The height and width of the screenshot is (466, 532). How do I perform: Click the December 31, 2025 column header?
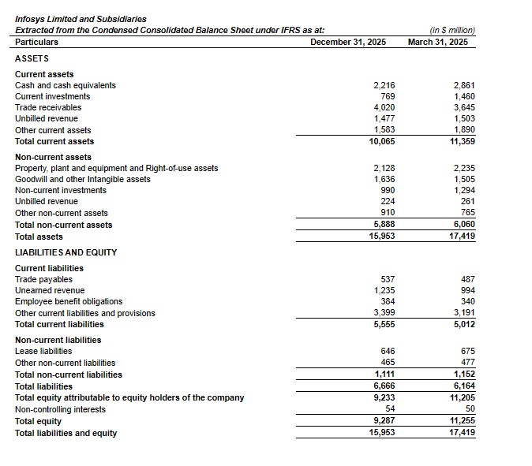click(348, 42)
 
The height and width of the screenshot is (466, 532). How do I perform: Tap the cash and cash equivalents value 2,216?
click(384, 85)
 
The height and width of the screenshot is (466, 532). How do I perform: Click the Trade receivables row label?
click(48, 107)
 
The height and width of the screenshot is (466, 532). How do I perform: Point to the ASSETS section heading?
click(32, 58)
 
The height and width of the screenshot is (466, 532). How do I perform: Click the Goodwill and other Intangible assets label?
click(83, 179)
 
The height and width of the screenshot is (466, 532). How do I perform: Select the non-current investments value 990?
click(387, 190)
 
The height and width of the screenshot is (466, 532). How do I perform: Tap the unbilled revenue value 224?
click(387, 201)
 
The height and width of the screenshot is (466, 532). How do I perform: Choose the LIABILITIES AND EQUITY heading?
click(66, 252)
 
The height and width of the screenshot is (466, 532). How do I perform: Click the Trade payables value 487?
click(466, 279)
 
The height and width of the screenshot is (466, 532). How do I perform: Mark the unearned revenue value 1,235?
click(384, 290)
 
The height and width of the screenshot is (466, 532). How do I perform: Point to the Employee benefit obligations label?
click(69, 301)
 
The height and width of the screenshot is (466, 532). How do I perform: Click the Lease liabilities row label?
click(43, 351)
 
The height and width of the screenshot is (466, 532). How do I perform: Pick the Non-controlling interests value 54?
click(389, 409)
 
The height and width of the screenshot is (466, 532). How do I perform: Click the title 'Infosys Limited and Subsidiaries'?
click(81, 19)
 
